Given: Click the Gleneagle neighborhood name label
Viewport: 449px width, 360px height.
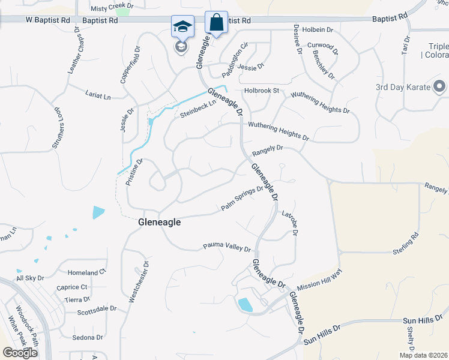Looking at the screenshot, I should click(x=160, y=221).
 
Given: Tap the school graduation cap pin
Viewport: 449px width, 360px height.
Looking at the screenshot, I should click(x=182, y=28).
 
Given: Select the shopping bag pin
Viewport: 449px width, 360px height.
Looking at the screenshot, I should click(x=216, y=23).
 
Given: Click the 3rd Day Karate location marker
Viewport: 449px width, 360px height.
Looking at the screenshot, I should click(x=439, y=87).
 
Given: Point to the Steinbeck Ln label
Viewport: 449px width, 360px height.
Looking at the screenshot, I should click(x=197, y=109).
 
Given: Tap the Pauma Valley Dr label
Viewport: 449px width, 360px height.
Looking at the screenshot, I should click(x=226, y=246).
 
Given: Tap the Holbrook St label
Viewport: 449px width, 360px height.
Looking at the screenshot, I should click(x=262, y=91).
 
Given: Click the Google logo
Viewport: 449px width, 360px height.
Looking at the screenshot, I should click(x=20, y=353).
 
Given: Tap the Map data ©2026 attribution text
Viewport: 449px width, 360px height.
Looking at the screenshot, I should click(x=423, y=355).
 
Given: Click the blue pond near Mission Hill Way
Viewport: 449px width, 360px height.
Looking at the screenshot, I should click(x=246, y=305).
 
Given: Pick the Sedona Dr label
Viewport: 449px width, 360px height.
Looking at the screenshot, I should click(x=88, y=337).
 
